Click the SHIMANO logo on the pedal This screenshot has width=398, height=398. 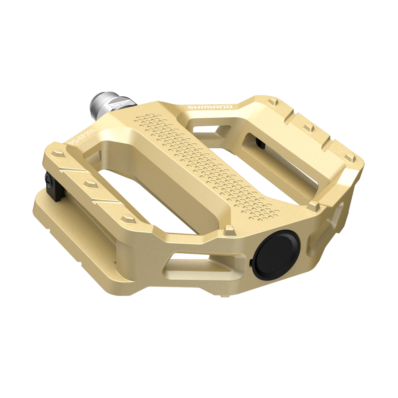tap(209, 107)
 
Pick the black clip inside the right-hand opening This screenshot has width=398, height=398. tap(259, 143)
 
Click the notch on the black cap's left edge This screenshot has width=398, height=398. tap(251, 262)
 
